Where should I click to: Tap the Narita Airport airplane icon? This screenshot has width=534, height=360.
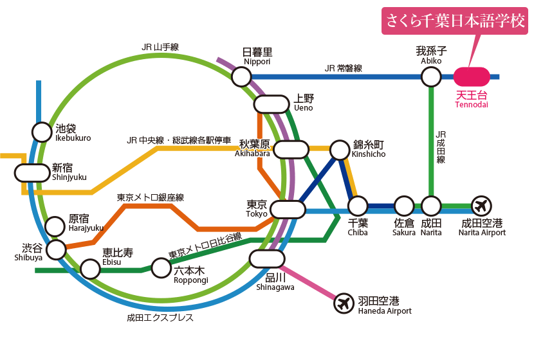coord(481,206)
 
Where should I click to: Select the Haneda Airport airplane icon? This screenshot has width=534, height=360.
coord(345,303)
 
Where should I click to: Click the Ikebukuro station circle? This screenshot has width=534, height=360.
coord(42,132)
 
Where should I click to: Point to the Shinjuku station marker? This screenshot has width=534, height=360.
coord(32,172)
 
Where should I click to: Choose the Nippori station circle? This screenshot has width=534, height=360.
coord(241,77)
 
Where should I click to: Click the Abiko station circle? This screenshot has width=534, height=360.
coord(430,77)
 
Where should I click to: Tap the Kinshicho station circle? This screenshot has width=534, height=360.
coord(339,150)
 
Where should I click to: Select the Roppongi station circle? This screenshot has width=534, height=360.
coord(160,267)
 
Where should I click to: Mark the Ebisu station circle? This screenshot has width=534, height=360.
coord(90,269)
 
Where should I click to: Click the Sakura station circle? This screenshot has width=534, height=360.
coord(404,206)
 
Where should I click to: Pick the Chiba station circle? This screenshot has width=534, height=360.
coord(358,206)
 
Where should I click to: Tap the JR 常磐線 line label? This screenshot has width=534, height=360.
coord(344,67)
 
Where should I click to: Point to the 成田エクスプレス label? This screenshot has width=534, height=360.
coord(160,318)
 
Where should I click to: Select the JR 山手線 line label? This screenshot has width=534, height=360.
coord(160,46)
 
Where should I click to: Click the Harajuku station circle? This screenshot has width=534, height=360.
coord(56,224)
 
